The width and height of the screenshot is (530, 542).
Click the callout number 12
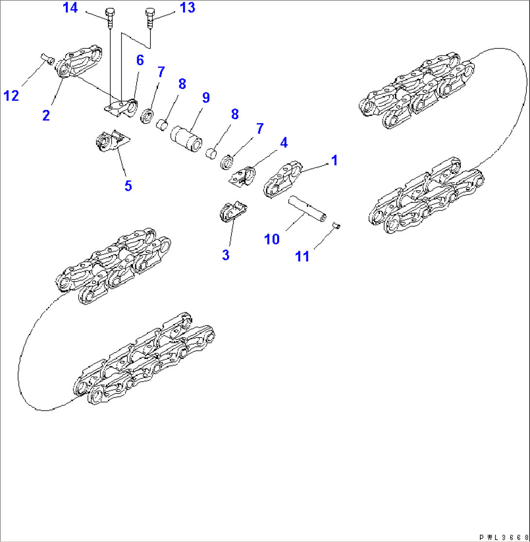pyautogui.click(x=12, y=95)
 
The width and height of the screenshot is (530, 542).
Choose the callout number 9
pyautogui.click(x=206, y=97)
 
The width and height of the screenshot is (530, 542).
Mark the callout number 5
pyautogui.click(x=128, y=185)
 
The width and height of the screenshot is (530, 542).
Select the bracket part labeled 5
pyautogui.click(x=111, y=142)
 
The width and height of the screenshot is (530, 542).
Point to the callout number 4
pyautogui.click(x=283, y=143)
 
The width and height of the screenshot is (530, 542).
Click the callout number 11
pyautogui.click(x=302, y=256)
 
